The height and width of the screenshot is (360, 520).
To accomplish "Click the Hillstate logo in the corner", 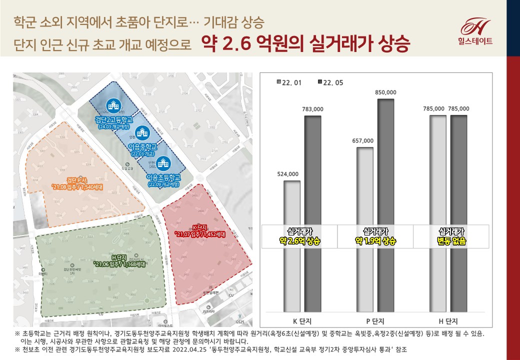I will pos(475,31).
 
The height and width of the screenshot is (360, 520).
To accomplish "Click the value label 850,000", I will pos(385,92).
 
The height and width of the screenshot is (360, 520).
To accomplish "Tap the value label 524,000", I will pos(287,174).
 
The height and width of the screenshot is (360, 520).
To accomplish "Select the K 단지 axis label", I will pos(302,320).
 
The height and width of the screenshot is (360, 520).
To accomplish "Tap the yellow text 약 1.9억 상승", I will pos(375,241).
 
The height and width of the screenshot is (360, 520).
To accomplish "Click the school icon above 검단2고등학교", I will pos(112,105).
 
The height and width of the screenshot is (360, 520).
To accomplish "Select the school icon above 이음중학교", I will pos(143,132).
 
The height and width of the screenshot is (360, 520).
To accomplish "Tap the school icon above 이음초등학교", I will pos(163,163).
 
